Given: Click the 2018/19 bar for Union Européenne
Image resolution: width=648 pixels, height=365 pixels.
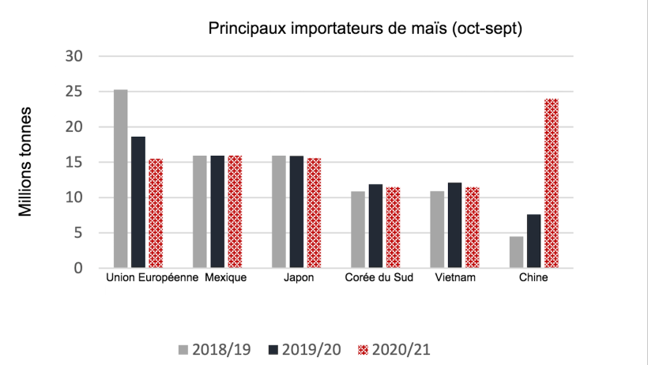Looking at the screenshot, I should (x=120, y=179).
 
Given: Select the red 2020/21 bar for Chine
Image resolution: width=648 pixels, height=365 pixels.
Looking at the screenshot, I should (x=551, y=183).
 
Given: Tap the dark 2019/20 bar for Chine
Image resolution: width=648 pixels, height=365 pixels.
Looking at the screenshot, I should (x=533, y=241).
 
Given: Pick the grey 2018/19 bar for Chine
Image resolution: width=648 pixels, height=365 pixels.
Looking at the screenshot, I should (x=516, y=252).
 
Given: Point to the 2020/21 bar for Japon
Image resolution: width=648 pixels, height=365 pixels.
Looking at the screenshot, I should (x=314, y=213).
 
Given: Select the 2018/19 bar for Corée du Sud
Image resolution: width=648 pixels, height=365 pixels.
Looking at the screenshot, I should (x=358, y=229).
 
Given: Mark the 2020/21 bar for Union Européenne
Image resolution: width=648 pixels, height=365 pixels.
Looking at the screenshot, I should (x=156, y=213).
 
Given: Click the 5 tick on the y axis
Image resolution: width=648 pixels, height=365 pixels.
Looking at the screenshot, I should (x=79, y=233).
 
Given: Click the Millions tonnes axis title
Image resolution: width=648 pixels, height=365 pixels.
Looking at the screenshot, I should (x=26, y=161).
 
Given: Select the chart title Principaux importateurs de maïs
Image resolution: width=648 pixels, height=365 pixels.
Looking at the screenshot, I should (x=366, y=29).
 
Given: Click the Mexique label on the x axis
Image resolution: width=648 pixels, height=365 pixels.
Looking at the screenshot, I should (x=225, y=279).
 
